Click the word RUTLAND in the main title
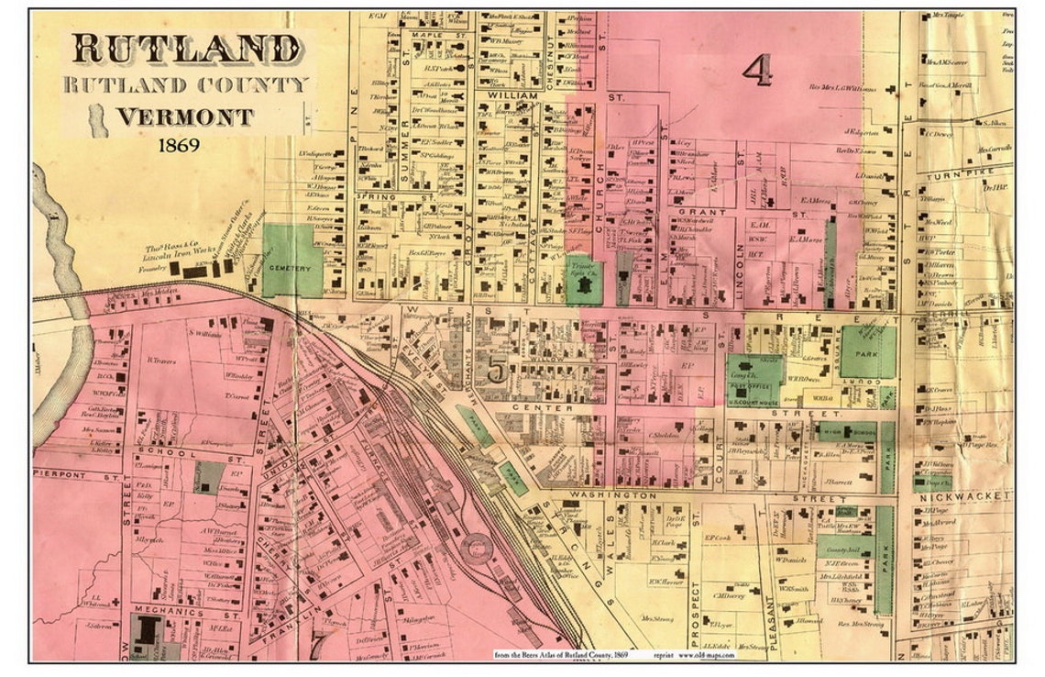pos(186,50)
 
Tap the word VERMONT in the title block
pos(184,117)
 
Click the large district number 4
pos(757,70)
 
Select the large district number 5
pos(496,371)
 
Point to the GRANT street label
pos(703,212)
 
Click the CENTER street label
pos(529,407)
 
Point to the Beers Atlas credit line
pos(564,655)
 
